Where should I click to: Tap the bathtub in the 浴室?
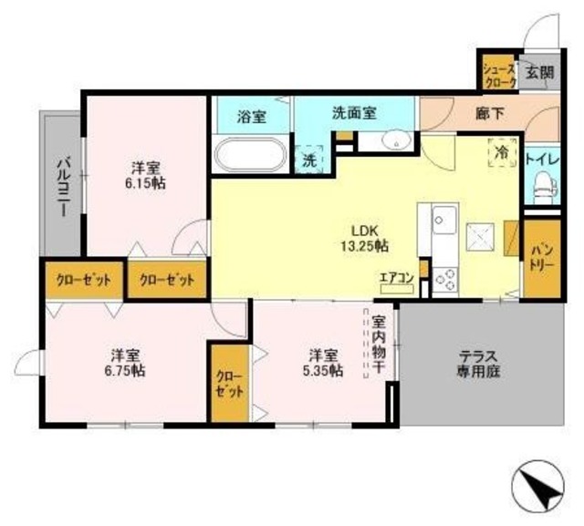pos(249,153)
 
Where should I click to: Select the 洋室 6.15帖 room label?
pos(146,174)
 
